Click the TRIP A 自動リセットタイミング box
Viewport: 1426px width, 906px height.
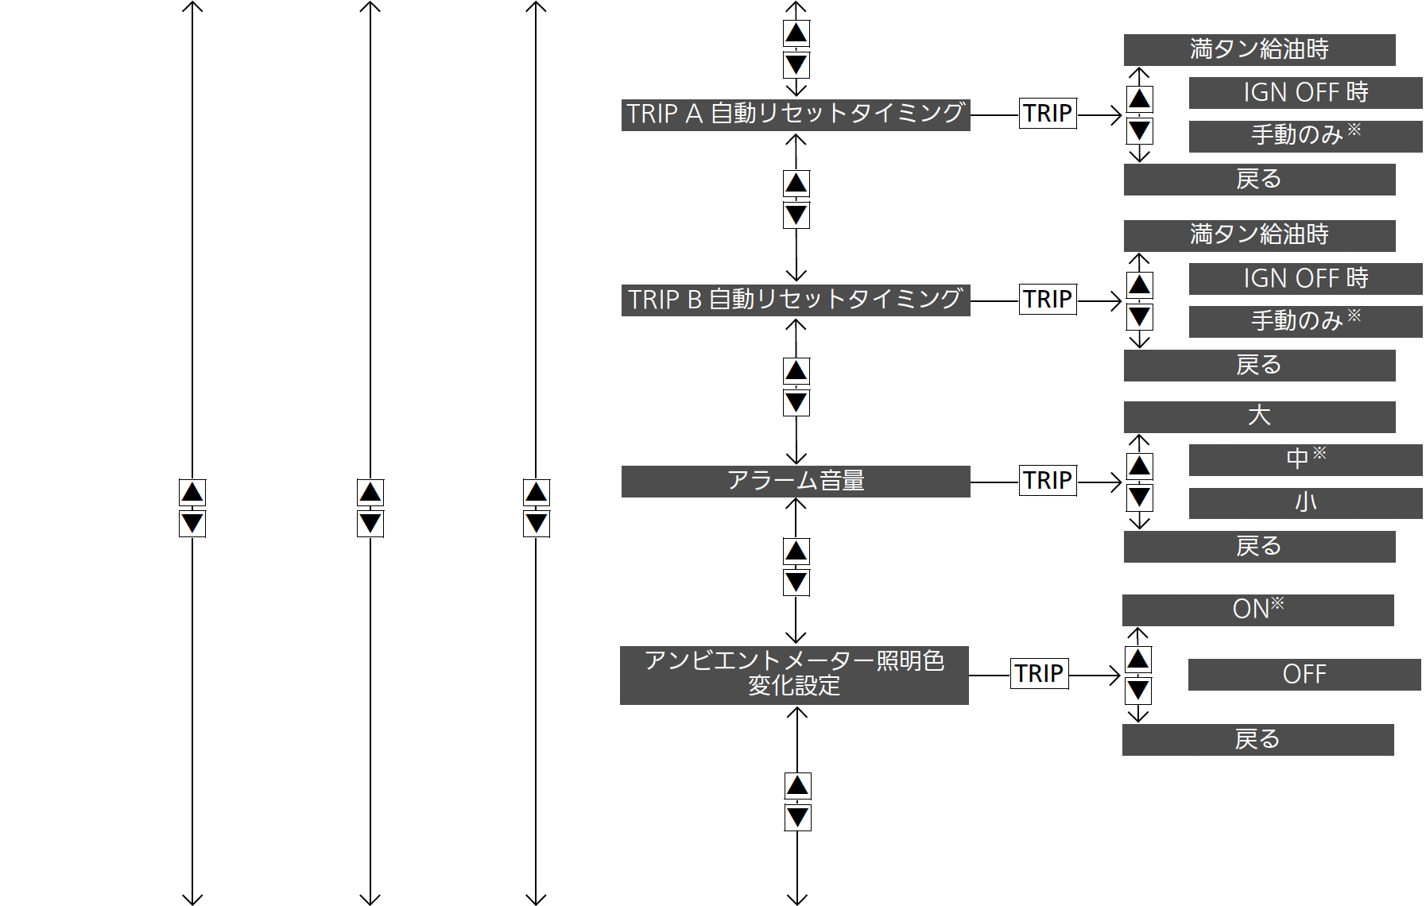796,115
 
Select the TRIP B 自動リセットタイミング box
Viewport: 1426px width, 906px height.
796,300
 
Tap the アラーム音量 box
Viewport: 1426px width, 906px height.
796,482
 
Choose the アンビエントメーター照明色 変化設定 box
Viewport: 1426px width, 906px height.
794,676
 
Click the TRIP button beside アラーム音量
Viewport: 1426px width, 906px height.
1048,481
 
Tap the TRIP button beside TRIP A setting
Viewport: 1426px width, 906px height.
1048,114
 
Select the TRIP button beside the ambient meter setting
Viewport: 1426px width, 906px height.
1040,674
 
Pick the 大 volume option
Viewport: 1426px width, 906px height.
1259,417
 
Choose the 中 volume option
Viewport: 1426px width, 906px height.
1305,460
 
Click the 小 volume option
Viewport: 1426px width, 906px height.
1305,503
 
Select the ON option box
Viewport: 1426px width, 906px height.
1257,610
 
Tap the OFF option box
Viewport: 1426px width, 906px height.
1304,675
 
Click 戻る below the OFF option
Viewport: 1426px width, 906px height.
1257,740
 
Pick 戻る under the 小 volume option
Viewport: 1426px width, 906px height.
1259,547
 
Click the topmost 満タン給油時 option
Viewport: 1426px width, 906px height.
1259,50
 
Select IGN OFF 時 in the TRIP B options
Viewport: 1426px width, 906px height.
1305,279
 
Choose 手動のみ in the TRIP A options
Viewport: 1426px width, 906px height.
1305,137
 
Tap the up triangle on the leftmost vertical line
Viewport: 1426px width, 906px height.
192,493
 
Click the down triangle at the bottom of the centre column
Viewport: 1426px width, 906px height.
797,818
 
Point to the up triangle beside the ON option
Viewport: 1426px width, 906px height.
1138,660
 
